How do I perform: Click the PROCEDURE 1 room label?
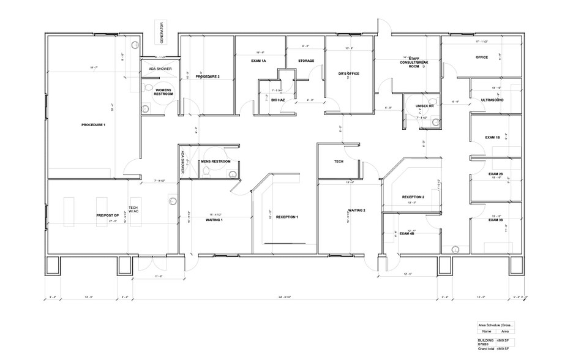[x=93, y=125]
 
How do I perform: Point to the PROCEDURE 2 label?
[x=208, y=77]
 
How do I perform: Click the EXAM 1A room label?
[x=258, y=61]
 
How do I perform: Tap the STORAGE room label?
[x=306, y=61]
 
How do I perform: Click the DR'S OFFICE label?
[x=348, y=74]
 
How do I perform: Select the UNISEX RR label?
[x=424, y=105]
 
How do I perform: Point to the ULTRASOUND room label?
[x=492, y=99]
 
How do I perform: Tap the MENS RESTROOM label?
[x=215, y=162]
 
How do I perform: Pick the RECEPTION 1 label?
[x=287, y=217]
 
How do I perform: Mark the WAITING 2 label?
[x=357, y=210]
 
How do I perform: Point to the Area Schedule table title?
[x=496, y=324]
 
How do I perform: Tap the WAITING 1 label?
[x=214, y=219]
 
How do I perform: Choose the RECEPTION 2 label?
[x=413, y=197]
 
